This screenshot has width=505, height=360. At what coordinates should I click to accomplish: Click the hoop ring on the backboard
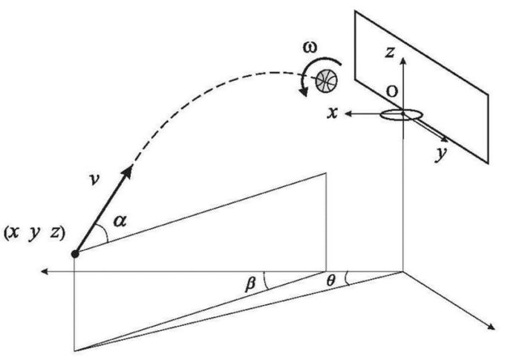click(x=401, y=116)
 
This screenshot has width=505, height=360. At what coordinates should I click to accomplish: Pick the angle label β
click(x=250, y=283)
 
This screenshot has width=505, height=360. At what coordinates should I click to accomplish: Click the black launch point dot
click(x=74, y=254)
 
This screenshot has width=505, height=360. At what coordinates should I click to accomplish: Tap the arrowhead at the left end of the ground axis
click(x=45, y=272)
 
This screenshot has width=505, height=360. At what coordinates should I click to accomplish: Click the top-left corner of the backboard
click(x=356, y=10)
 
